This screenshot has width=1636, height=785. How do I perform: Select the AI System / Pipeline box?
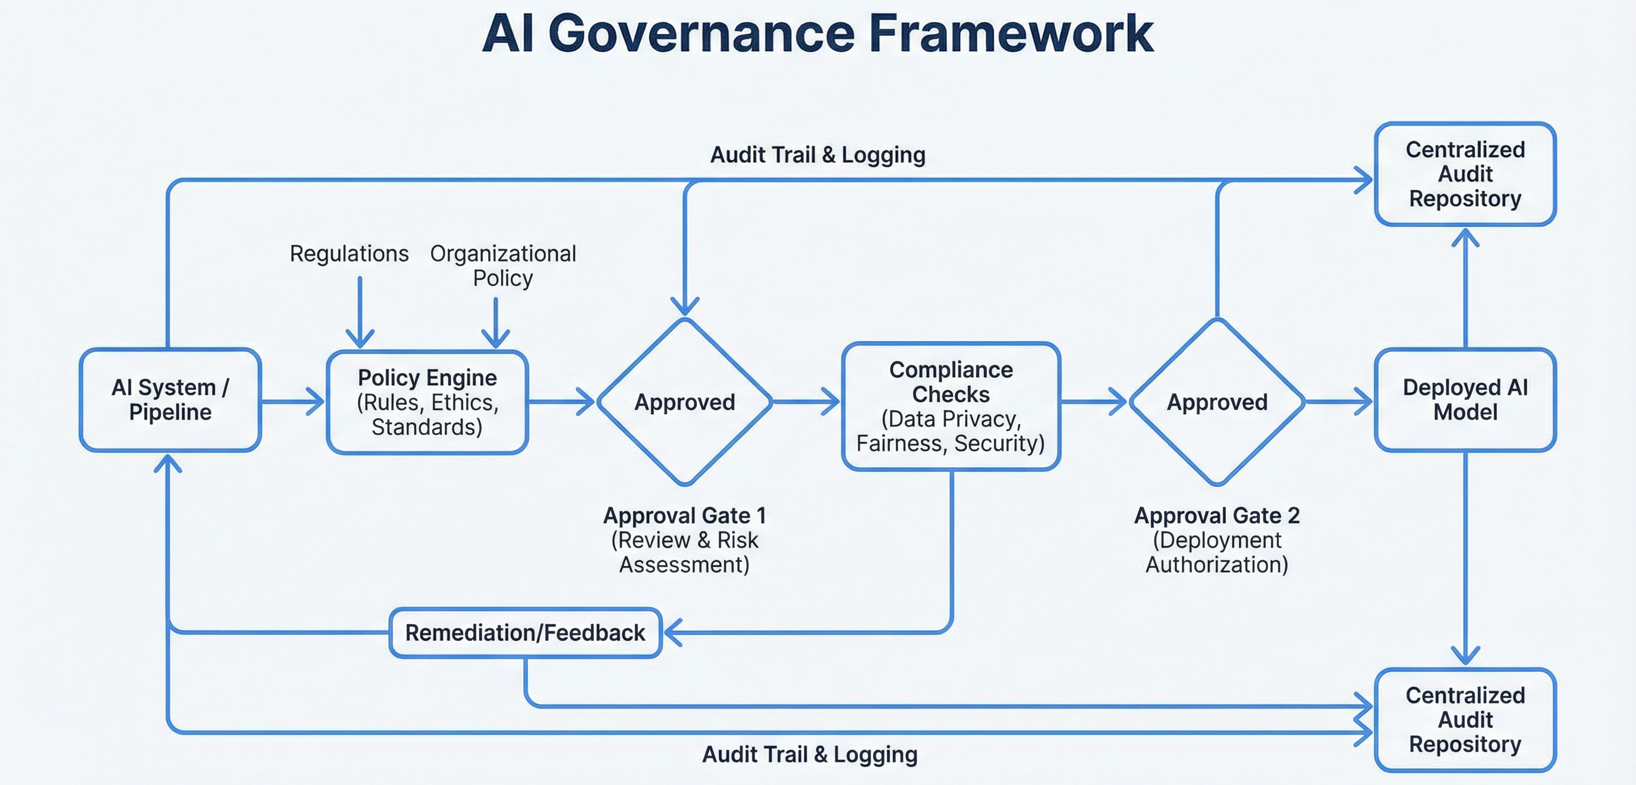170,400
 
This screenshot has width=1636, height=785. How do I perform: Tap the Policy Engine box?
427,402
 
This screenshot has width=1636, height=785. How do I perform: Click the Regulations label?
349,254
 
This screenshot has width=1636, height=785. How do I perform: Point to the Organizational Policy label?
503,265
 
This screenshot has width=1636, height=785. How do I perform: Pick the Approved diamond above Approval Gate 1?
685,402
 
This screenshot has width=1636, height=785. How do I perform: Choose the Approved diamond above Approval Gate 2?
1217,402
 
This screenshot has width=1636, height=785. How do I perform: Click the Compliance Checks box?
951,406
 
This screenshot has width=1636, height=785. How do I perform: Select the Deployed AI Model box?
1465,400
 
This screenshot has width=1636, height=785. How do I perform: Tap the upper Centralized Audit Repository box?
1465,174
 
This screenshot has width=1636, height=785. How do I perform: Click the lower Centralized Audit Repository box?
1465,720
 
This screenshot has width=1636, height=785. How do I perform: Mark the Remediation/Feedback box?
526,633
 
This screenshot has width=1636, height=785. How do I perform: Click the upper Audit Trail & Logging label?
817,155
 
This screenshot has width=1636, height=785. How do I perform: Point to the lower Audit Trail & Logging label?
809,755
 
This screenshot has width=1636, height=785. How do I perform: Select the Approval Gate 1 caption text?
685,540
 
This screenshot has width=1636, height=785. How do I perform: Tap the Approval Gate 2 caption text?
1217,540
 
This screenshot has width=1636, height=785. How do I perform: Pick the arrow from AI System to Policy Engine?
292,402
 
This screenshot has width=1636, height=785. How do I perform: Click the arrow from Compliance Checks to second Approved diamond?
1094,402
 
